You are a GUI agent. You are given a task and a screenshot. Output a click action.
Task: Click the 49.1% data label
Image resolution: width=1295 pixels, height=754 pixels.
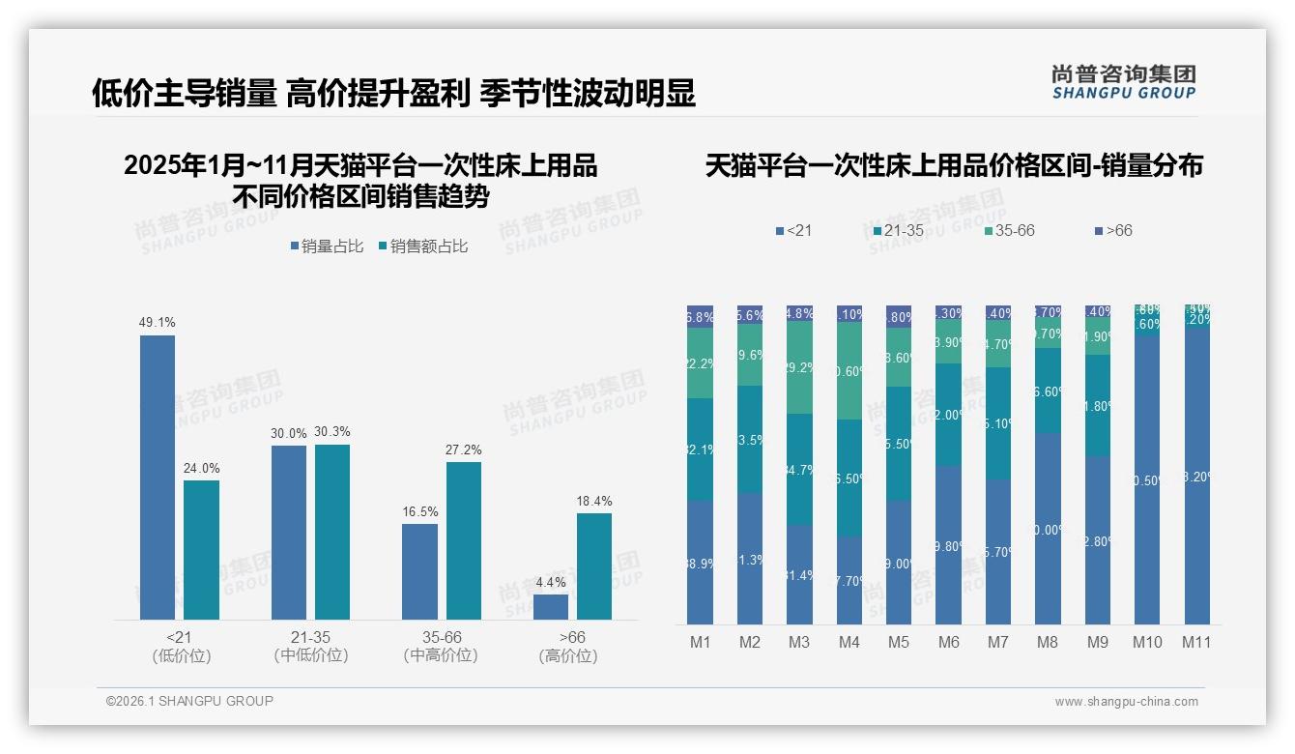pos(158,323)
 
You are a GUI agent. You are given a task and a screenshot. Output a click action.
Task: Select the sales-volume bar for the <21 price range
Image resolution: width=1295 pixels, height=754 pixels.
pos(158,478)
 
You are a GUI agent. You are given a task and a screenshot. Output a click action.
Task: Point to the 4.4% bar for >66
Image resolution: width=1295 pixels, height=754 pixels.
pos(551,607)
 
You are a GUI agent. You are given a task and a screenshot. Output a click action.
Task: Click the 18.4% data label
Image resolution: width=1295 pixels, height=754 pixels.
pos(594,501)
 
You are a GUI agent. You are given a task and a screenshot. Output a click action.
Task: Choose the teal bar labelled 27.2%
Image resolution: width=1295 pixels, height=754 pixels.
pos(464,540)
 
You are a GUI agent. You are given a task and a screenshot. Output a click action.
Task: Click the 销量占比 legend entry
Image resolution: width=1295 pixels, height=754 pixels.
pos(327,246)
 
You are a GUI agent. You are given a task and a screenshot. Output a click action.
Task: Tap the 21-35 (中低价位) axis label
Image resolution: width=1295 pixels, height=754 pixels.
pos(310,647)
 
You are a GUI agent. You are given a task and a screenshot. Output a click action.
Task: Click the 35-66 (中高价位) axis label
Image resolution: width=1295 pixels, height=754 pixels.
pos(442,647)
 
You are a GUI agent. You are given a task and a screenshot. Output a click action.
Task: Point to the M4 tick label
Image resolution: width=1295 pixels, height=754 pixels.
pos(849,642)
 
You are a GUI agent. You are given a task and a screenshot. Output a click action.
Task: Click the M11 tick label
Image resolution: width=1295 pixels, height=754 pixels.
pos(1196,642)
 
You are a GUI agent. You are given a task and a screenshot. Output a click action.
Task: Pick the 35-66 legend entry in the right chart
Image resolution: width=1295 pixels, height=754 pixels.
pos(1009,231)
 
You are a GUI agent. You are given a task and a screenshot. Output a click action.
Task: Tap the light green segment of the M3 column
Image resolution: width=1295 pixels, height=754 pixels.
pos(799,367)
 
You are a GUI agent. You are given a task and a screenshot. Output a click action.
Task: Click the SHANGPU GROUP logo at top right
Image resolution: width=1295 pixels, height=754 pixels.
pos(1123,81)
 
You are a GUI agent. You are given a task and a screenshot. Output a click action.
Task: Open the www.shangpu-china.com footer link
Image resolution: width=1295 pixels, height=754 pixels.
pos(1126,702)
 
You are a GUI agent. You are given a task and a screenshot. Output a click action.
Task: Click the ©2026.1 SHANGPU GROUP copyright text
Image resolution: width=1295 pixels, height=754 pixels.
pos(189,701)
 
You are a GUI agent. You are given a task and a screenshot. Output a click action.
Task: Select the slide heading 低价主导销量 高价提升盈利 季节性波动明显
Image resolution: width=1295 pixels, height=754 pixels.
pos(393,94)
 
